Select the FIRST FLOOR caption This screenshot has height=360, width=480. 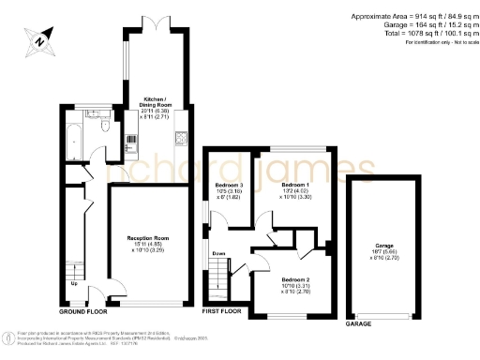click(222, 310)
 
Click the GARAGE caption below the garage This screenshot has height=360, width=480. click(359, 322)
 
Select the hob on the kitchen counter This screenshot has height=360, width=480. click(180, 141)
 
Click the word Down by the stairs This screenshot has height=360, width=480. click(217, 253)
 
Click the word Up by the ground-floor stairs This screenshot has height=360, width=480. click(74, 281)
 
